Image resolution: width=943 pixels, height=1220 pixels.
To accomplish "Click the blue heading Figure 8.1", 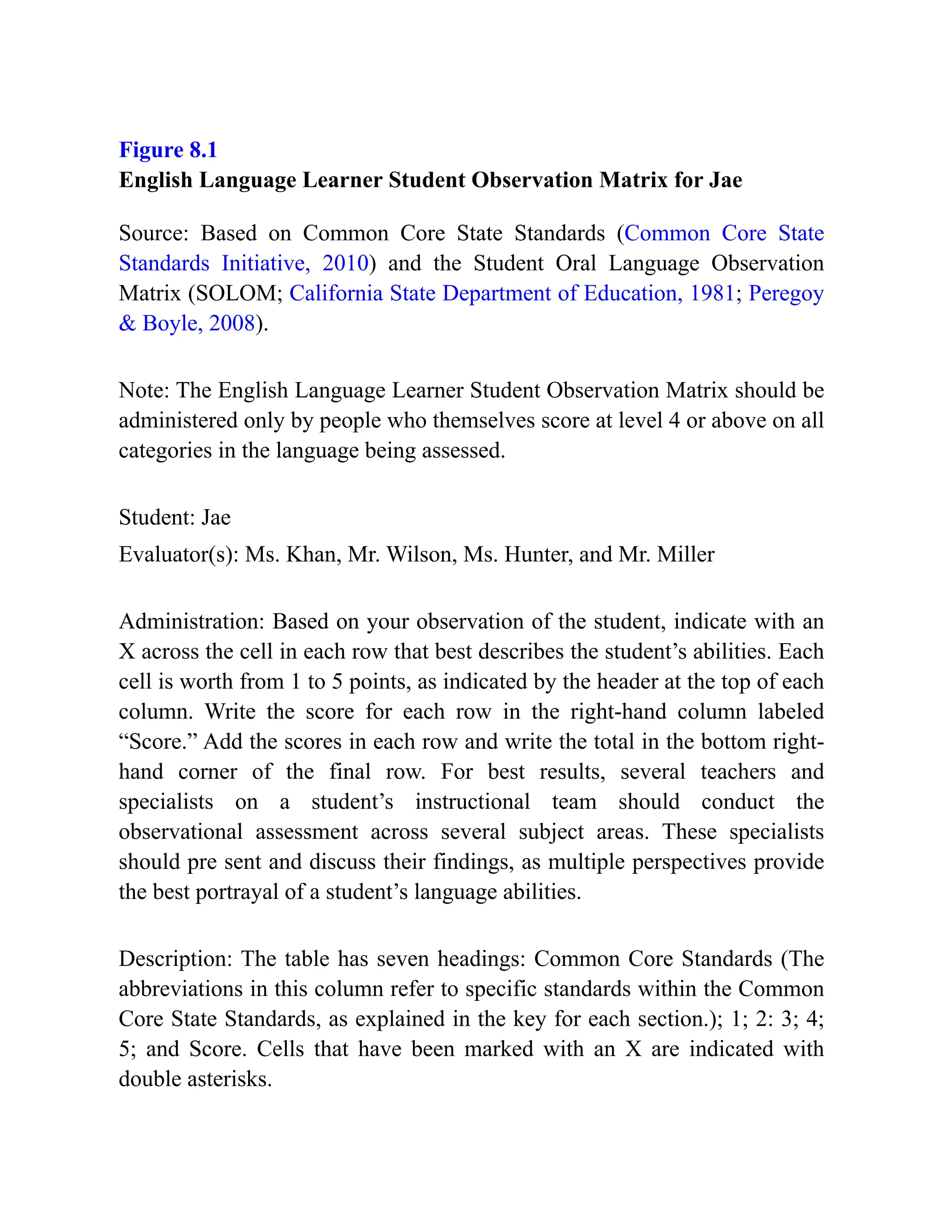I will pos(168,150).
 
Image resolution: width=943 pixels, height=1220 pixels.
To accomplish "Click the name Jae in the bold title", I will pos(725,180).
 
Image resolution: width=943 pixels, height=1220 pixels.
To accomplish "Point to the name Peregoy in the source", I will pos(786,293).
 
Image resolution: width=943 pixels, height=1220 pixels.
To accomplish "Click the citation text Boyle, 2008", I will pos(198,324).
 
